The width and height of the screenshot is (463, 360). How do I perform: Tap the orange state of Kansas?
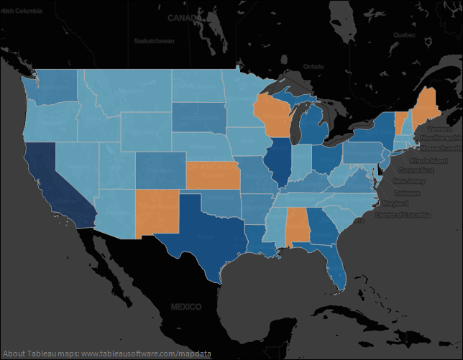click(x=214, y=175)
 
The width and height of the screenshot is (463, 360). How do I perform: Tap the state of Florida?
click(x=336, y=267)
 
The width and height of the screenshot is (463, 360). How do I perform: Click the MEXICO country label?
click(x=185, y=307)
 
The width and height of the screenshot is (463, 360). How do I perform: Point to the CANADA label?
click(x=185, y=17)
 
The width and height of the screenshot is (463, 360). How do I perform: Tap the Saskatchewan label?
click(x=154, y=41)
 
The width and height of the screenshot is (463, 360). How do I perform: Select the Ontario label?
click(x=313, y=66)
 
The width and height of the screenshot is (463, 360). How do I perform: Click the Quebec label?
click(x=404, y=34)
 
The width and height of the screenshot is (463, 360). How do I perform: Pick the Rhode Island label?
click(x=429, y=161)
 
